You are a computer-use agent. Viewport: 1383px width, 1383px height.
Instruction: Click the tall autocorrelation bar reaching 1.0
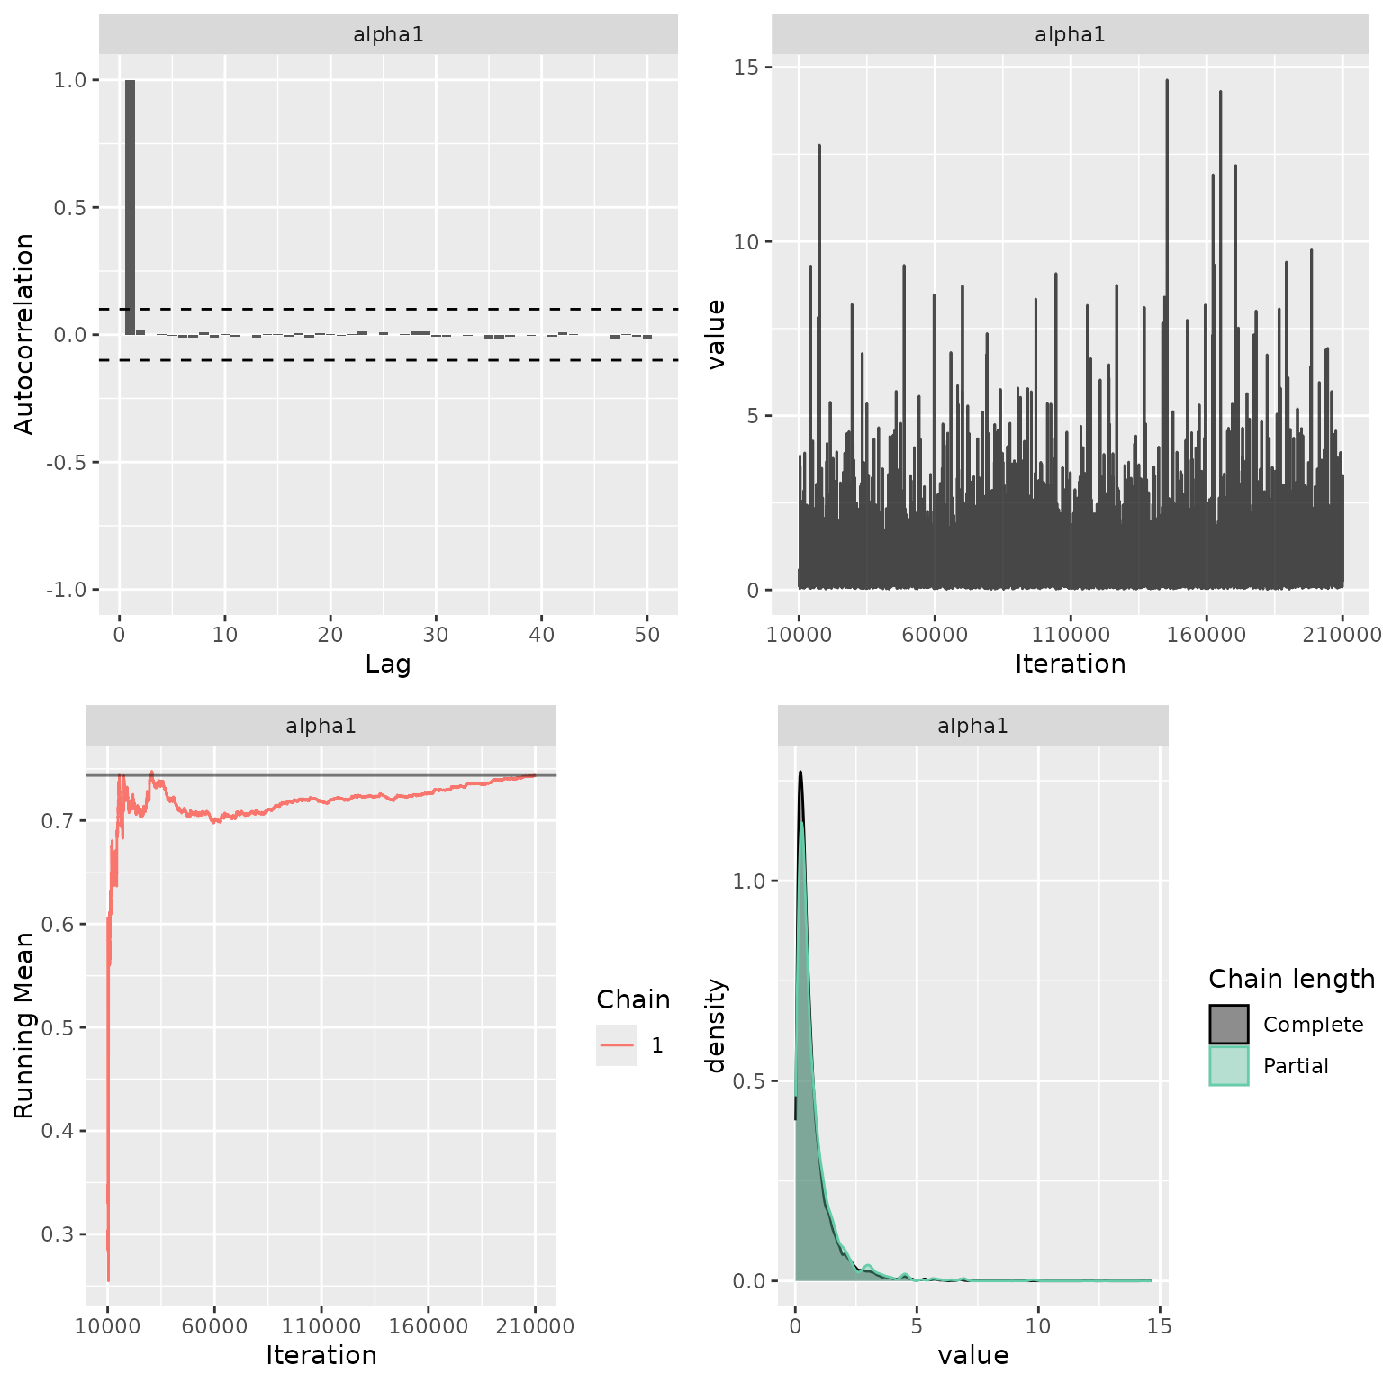click(130, 207)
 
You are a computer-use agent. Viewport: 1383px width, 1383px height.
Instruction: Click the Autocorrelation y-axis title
click(24, 334)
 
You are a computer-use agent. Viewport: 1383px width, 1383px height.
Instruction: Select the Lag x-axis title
click(388, 664)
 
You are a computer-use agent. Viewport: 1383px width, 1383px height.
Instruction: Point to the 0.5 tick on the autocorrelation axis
click(70, 208)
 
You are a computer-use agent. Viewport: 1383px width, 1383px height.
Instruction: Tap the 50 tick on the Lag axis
click(646, 635)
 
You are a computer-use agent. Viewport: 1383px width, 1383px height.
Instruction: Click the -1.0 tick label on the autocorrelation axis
click(67, 590)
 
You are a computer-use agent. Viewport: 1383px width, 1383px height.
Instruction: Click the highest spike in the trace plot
click(1167, 82)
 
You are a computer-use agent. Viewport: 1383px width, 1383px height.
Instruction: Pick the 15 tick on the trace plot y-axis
click(746, 68)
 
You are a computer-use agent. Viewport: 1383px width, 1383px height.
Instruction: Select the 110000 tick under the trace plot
click(1071, 635)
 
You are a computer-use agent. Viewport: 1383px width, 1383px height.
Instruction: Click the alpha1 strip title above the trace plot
click(1070, 35)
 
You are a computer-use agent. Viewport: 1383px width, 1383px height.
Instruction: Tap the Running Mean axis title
click(24, 1025)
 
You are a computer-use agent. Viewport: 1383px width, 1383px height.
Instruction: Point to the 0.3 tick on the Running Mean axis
click(58, 1234)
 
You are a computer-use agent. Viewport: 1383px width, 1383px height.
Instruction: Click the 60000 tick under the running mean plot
click(214, 1326)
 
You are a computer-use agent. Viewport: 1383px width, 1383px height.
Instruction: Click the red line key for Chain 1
click(617, 1045)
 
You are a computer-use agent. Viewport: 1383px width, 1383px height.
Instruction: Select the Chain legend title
click(633, 999)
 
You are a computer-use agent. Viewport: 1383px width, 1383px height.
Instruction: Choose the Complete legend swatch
click(1228, 1025)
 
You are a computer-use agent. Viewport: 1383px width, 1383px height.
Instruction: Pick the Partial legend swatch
click(1228, 1066)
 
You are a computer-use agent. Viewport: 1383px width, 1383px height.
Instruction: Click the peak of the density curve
click(800, 773)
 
